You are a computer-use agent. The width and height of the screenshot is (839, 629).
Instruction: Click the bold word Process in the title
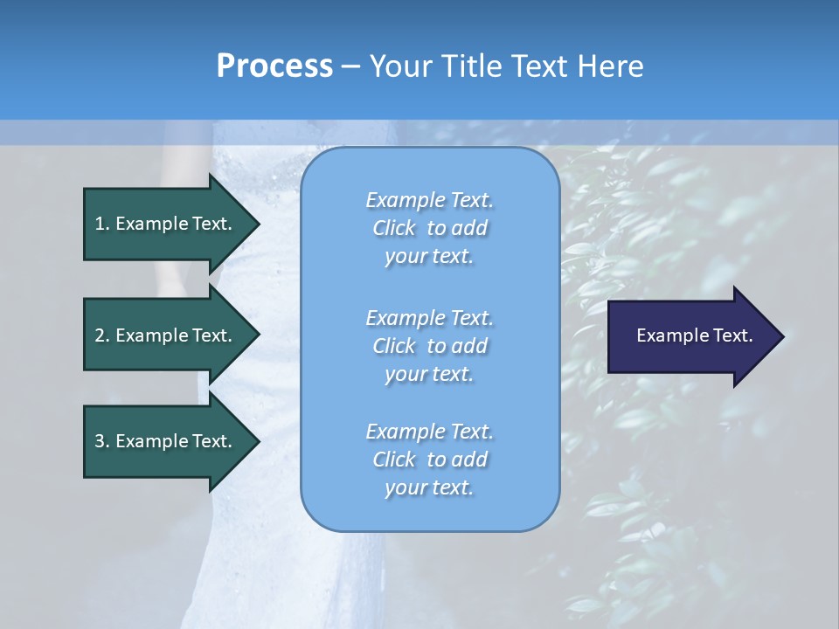pyautogui.click(x=274, y=66)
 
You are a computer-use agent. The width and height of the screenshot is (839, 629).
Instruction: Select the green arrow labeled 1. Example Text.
pyautogui.click(x=166, y=224)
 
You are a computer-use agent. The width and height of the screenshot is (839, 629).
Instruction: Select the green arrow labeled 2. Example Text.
pyautogui.click(x=166, y=335)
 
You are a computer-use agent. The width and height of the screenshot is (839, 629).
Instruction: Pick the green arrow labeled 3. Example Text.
pyautogui.click(x=166, y=441)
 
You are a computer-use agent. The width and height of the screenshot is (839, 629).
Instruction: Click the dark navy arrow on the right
pyautogui.click(x=690, y=336)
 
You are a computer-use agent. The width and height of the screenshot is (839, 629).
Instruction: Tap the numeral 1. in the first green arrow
pyautogui.click(x=102, y=224)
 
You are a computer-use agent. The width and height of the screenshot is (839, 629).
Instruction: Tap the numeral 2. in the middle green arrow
pyautogui.click(x=102, y=335)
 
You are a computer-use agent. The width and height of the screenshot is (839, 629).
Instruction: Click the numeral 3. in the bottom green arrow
pyautogui.click(x=102, y=441)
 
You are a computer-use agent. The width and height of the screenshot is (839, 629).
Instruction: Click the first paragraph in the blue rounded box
pyautogui.click(x=429, y=228)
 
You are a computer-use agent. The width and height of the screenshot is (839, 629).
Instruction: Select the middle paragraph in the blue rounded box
pyautogui.click(x=429, y=346)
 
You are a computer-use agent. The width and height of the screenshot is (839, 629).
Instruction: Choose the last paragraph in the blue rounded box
pyautogui.click(x=429, y=460)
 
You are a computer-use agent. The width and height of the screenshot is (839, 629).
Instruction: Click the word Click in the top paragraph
pyautogui.click(x=394, y=228)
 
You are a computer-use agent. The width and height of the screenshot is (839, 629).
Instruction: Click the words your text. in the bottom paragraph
pyautogui.click(x=429, y=487)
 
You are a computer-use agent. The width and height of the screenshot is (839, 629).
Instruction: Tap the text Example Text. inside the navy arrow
pyautogui.click(x=694, y=335)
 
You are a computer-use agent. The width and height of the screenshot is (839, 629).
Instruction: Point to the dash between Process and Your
pyautogui.click(x=350, y=66)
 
